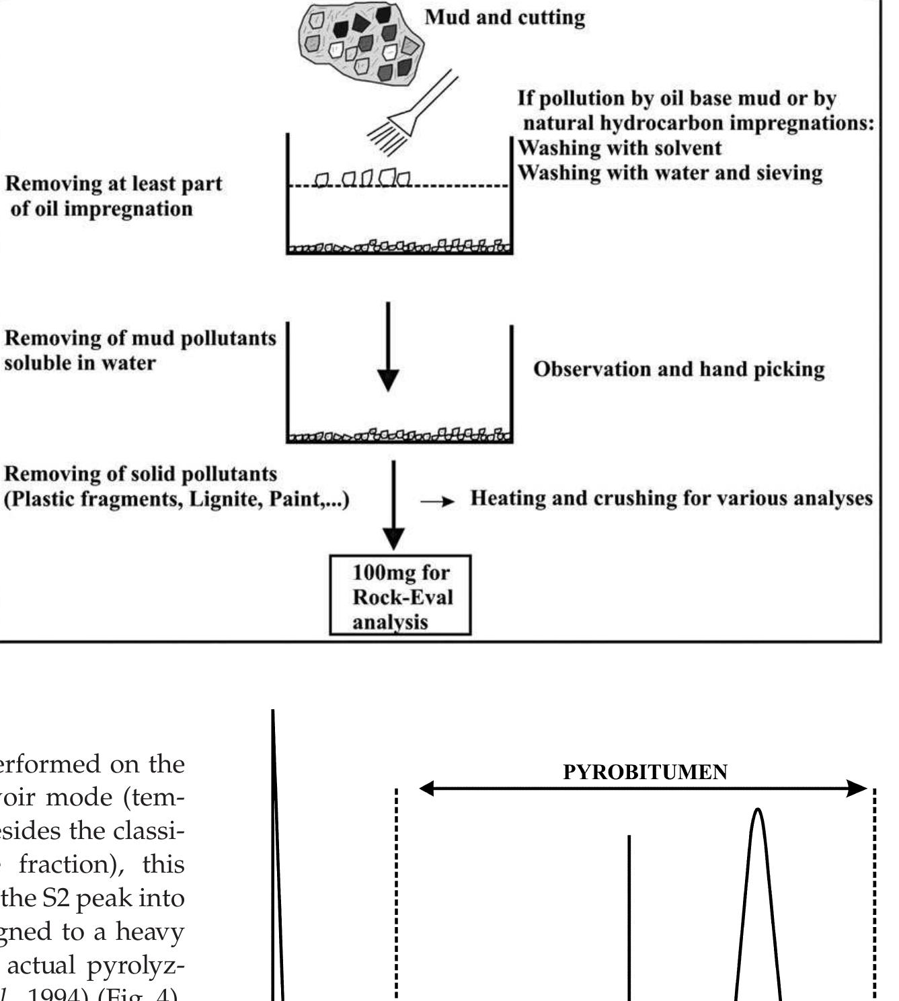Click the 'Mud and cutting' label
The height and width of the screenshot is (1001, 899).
point(504,17)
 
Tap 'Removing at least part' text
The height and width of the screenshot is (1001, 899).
point(114,184)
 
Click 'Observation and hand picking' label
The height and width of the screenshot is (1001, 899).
point(678,370)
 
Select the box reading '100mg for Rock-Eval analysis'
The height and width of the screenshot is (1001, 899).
point(400,596)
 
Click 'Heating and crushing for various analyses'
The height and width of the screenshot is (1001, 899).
point(670,499)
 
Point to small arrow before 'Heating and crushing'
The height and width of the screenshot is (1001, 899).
point(437,502)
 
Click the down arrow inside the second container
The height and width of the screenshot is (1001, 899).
point(388,350)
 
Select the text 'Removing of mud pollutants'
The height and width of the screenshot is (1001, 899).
point(140,338)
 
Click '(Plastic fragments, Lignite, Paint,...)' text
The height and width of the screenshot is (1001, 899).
point(178,500)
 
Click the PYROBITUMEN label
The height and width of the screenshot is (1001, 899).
point(645,772)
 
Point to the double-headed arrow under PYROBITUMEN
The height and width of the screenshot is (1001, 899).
point(644,789)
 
